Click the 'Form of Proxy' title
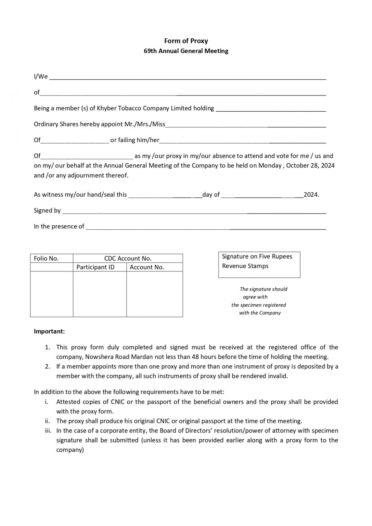click(186, 41)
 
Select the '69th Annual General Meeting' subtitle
click(186, 51)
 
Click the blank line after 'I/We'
click(188, 77)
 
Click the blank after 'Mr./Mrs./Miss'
click(245, 125)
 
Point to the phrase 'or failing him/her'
click(135, 140)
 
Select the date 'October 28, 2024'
click(310, 166)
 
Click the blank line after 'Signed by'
click(194, 211)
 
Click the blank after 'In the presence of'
click(206, 227)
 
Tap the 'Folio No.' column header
click(47, 259)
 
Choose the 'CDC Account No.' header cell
click(128, 259)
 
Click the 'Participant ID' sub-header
click(95, 267)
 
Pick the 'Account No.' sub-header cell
click(147, 267)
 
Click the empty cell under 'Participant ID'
click(100, 294)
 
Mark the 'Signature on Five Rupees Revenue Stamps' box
click(259, 265)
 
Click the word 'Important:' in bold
click(49, 331)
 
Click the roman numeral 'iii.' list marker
click(48, 431)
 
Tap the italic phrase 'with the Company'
click(260, 313)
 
